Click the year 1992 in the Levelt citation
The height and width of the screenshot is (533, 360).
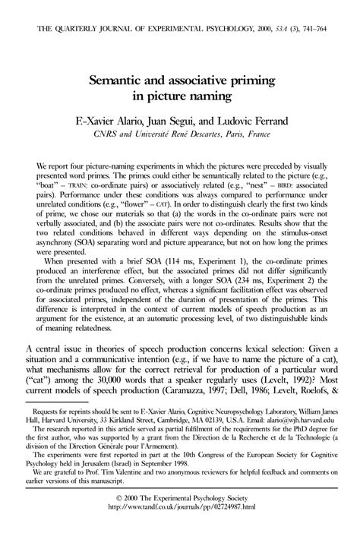(x=287, y=365)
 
